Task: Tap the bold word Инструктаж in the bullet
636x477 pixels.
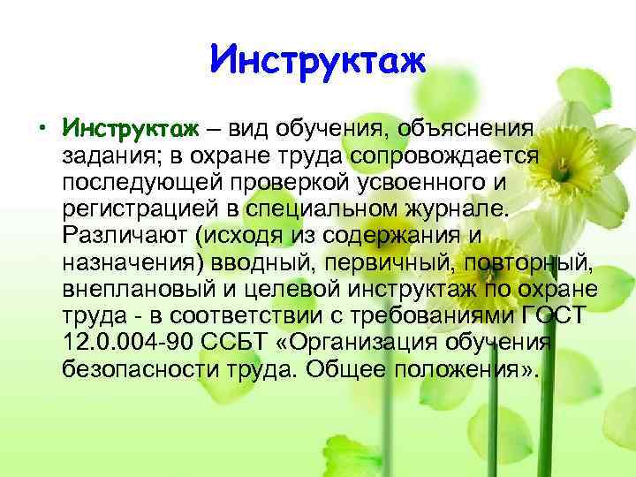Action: (132, 130)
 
